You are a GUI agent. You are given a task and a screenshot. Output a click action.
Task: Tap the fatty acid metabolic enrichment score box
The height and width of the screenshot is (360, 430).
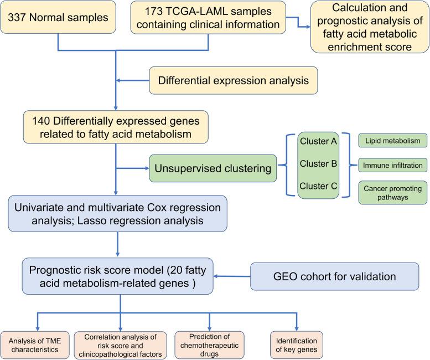point(370,27)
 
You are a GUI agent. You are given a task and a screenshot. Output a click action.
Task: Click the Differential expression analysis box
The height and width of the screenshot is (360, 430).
point(233,80)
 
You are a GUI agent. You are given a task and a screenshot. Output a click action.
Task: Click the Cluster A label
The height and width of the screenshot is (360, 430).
point(317,141)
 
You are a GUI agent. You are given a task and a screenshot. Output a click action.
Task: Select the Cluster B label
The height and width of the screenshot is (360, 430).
point(317,164)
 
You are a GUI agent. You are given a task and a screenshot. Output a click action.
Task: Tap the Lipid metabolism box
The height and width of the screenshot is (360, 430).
point(393,141)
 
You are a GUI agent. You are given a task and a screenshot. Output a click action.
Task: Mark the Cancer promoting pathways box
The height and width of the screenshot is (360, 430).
point(393,192)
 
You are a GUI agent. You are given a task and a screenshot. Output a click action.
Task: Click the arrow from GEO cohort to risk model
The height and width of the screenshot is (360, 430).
point(232,276)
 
